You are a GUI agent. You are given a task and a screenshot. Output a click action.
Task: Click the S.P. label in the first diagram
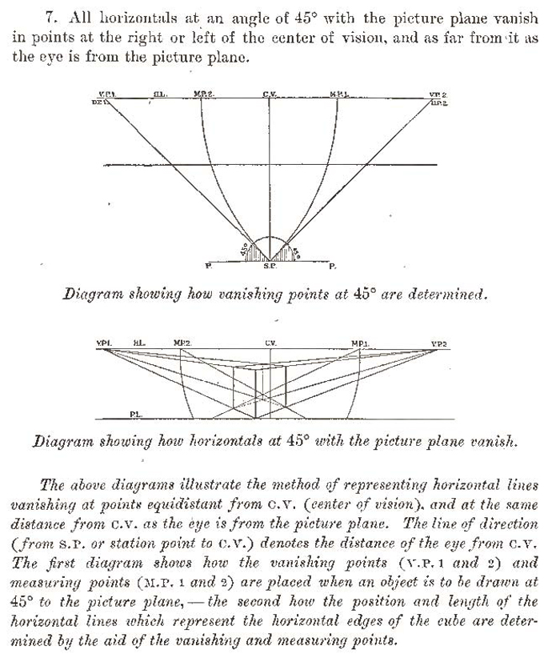270,265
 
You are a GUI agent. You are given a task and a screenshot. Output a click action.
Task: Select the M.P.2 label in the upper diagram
203,94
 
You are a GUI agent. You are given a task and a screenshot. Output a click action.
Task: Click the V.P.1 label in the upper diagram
108,94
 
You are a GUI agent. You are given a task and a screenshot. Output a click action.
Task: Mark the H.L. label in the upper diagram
158,94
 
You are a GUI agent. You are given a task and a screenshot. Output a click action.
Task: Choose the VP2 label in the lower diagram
438,344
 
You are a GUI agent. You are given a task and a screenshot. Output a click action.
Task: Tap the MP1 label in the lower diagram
359,344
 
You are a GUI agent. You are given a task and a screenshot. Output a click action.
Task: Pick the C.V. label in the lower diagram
271,344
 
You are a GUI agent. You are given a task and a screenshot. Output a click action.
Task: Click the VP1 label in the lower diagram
104,344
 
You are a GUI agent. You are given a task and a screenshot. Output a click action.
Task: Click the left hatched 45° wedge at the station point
254,251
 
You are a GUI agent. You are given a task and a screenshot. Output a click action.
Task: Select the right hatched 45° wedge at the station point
287,251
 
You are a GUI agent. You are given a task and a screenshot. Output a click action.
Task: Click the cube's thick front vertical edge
255,392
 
